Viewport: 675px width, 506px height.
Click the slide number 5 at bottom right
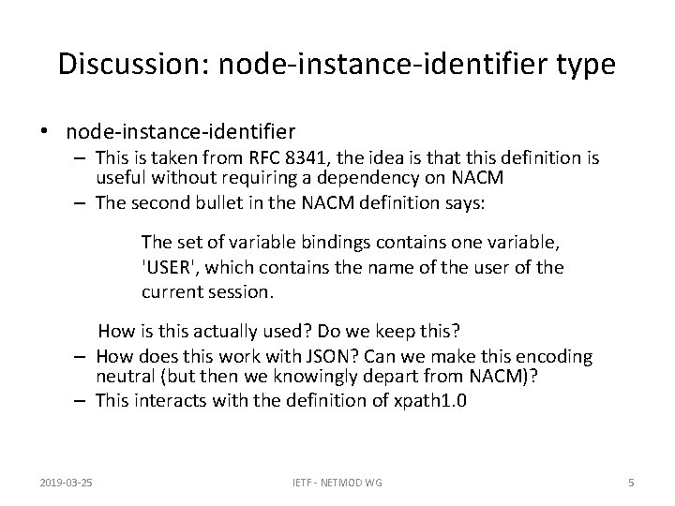coord(631,483)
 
